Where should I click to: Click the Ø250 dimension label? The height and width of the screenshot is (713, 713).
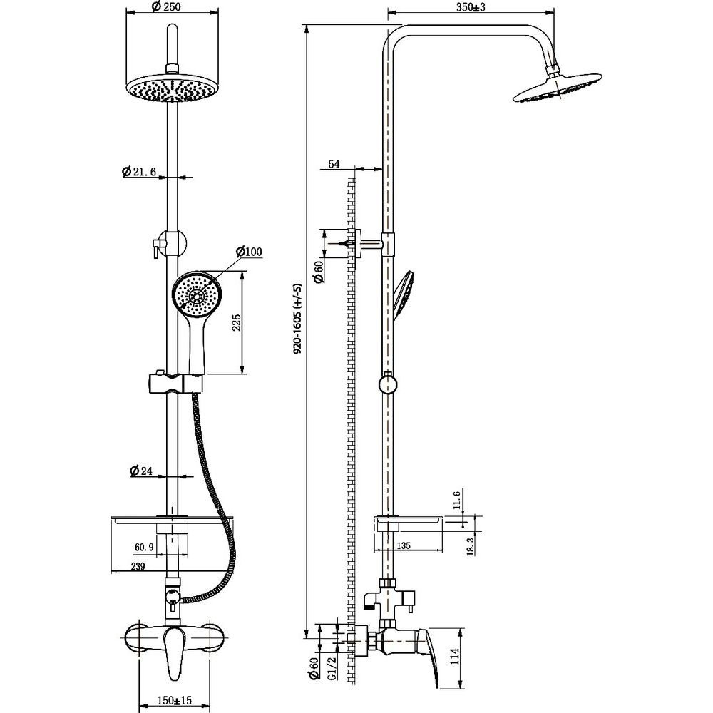tap(165, 7)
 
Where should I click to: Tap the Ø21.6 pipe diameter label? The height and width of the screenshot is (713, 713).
tap(140, 172)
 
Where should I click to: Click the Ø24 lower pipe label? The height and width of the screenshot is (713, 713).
tap(142, 471)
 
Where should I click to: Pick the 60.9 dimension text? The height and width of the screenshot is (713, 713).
tap(144, 547)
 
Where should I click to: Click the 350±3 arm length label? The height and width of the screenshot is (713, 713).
tap(471, 7)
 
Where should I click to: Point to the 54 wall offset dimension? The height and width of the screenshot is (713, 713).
tap(334, 165)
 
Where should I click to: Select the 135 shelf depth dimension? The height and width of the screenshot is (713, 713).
tap(404, 546)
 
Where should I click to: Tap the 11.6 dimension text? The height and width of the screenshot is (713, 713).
tap(457, 501)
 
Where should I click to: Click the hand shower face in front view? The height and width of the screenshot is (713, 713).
tap(194, 295)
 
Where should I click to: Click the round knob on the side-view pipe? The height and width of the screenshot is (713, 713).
tap(387, 385)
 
